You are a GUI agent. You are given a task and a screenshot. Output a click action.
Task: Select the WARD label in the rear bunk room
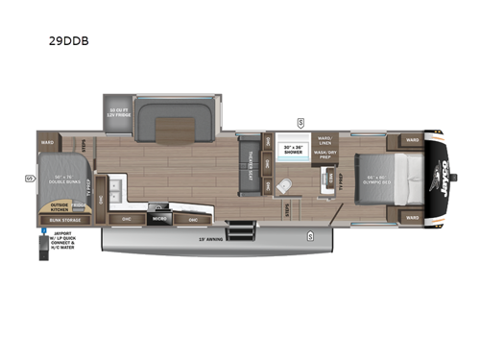pyautogui.click(x=47, y=142)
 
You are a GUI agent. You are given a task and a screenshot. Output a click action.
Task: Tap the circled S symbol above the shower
pyautogui.click(x=300, y=122)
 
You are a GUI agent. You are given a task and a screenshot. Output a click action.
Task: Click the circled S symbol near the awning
pyautogui.click(x=310, y=236)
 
